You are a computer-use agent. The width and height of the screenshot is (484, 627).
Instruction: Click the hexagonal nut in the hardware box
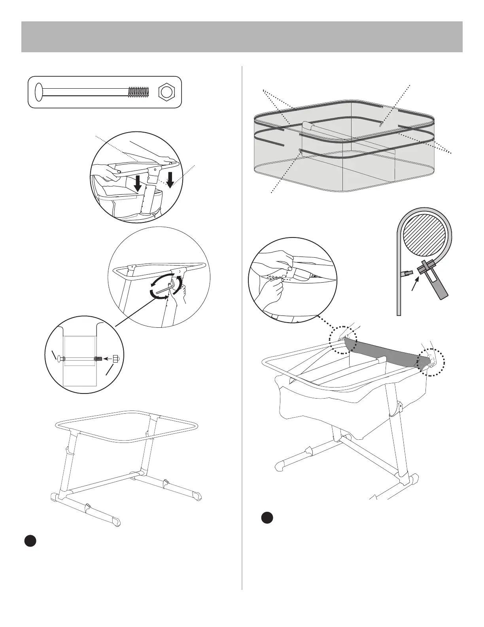pyautogui.click(x=166, y=92)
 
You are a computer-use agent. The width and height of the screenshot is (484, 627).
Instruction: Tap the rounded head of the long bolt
pyautogui.click(x=39, y=92)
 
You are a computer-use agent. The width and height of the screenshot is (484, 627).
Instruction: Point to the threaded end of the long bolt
pyautogui.click(x=138, y=92)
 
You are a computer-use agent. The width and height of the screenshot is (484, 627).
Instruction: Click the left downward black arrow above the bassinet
pyautogui.click(x=138, y=183)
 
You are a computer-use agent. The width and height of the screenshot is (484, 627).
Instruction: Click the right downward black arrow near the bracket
pyautogui.click(x=170, y=179)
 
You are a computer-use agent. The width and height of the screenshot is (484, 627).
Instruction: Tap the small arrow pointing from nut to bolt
pyautogui.click(x=106, y=359)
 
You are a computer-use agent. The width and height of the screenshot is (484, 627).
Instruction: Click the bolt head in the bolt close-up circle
pyautogui.click(x=59, y=359)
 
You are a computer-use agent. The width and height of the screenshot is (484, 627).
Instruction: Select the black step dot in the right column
pyautogui.click(x=267, y=519)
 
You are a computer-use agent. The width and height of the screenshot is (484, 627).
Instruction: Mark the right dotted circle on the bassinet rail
pyautogui.click(x=432, y=361)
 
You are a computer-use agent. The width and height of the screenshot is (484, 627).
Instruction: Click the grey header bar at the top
pyautogui.click(x=242, y=36)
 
